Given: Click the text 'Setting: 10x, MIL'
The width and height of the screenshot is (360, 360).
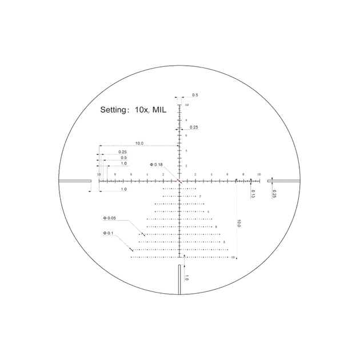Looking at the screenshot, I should click(x=133, y=110).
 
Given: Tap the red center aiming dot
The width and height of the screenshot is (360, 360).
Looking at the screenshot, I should click(x=179, y=181).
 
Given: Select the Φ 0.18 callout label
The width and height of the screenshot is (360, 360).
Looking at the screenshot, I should click(x=157, y=165).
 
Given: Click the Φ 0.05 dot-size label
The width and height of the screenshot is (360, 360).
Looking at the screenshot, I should click(x=109, y=218).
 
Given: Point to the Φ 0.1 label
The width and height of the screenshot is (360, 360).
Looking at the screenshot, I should click(x=108, y=233).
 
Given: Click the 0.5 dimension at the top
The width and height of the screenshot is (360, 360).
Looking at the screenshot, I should click(x=195, y=95).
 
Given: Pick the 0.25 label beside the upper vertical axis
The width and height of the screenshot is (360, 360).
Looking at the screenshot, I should click(x=194, y=127).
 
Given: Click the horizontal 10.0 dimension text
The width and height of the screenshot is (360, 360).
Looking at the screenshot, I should click(x=139, y=143).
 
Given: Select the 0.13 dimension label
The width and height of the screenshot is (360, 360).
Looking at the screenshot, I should click(x=253, y=194).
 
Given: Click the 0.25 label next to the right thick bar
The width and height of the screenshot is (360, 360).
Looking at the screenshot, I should click(x=275, y=194).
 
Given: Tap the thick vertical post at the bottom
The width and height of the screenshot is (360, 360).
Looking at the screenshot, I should click(x=179, y=279).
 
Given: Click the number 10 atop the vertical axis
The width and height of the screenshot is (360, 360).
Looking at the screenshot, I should click(x=186, y=106).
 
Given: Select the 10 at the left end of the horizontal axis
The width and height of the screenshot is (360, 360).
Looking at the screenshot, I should click(x=99, y=174).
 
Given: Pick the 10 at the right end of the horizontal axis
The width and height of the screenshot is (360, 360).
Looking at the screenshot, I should click(x=259, y=174).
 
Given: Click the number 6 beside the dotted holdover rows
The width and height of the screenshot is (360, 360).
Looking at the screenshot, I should click(x=217, y=227).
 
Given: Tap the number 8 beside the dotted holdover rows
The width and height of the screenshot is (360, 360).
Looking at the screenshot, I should click(x=225, y=242).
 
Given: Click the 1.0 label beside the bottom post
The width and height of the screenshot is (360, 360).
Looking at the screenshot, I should click(x=186, y=278).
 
